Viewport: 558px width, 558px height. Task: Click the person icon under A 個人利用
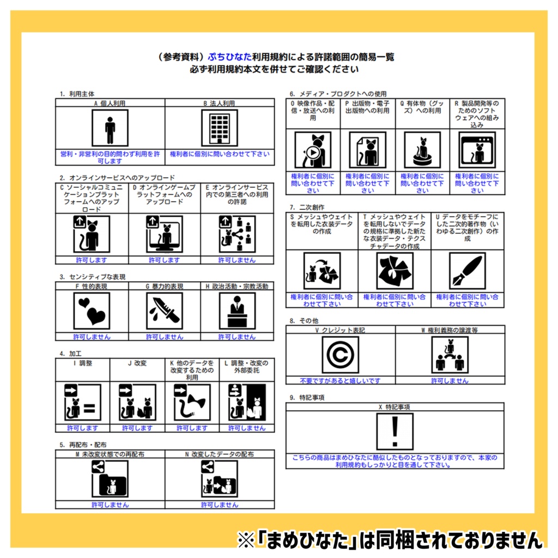click(x=110, y=128)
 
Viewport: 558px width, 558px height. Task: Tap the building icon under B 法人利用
click(x=220, y=128)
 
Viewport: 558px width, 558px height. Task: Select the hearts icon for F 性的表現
click(x=92, y=311)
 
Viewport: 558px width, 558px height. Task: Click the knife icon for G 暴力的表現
click(x=165, y=311)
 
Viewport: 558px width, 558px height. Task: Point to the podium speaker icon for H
click(x=237, y=311)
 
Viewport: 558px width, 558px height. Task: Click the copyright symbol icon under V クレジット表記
click(x=341, y=355)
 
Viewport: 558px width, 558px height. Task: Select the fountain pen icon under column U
click(x=467, y=271)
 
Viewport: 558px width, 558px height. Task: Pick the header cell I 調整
click(x=82, y=363)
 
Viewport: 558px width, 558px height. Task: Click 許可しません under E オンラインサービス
click(x=237, y=260)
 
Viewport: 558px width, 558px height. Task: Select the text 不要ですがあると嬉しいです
click(x=341, y=380)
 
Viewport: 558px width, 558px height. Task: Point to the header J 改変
click(x=137, y=363)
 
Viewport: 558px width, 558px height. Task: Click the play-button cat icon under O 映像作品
click(x=313, y=150)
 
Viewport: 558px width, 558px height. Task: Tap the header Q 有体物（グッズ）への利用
click(x=422, y=106)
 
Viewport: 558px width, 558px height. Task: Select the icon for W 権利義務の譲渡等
click(x=450, y=355)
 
